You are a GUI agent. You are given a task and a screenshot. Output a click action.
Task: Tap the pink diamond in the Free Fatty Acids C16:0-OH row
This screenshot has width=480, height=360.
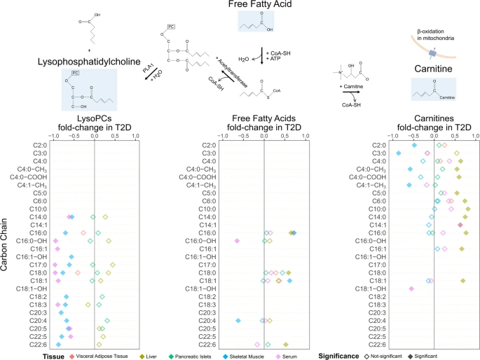(237, 241)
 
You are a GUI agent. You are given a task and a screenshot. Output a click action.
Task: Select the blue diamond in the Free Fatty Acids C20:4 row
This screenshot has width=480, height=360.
(239, 321)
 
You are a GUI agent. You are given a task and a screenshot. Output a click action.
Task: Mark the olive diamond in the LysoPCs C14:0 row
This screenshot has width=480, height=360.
(105, 217)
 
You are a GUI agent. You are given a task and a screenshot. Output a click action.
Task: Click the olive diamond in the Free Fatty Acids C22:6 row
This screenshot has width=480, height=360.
(285, 345)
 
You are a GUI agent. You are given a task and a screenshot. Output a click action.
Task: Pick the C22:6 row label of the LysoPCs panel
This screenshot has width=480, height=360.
(37, 345)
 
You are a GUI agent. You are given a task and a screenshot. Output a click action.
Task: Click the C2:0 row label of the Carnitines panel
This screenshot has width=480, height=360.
(379, 145)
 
